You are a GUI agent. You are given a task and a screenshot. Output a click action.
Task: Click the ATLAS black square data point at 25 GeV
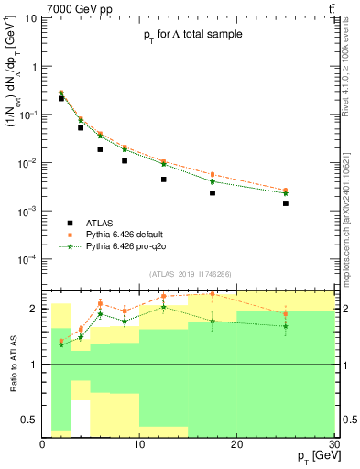[286, 203]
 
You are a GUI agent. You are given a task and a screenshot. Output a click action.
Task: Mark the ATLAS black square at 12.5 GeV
[164, 180]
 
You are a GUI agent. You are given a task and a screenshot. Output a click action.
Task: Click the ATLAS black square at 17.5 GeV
[213, 192]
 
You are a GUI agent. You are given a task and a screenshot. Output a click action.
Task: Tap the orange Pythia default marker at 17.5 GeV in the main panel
[213, 174]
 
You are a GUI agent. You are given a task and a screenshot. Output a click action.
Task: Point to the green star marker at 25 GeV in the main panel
[286, 193]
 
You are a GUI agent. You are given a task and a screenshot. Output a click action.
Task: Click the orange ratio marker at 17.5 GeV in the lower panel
[213, 294]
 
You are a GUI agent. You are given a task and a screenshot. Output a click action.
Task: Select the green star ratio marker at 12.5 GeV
[164, 307]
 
